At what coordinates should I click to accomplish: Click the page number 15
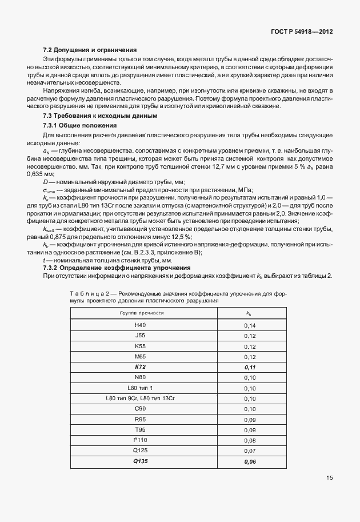click(330, 477)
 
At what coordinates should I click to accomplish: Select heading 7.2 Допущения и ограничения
click(90, 50)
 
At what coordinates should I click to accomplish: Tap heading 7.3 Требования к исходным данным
click(97, 116)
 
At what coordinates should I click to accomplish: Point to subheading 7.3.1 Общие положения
click(80, 125)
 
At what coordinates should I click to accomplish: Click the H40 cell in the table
click(141, 325)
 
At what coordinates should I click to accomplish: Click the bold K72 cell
click(141, 366)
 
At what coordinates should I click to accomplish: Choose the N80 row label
click(141, 377)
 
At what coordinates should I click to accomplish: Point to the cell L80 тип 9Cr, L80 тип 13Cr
click(141, 397)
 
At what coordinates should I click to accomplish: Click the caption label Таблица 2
click(89, 293)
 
